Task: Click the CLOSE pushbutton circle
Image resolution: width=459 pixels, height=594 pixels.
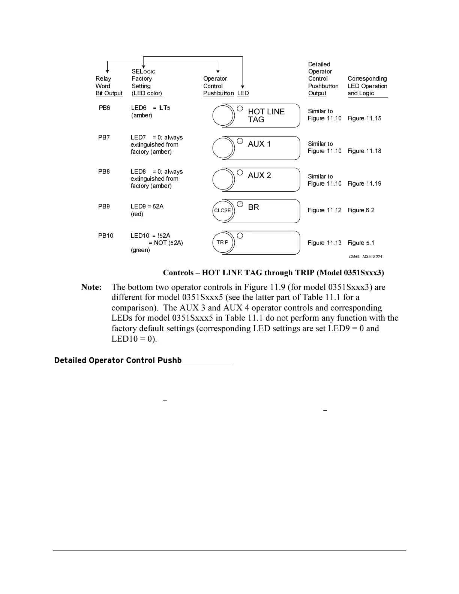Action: pos(223,211)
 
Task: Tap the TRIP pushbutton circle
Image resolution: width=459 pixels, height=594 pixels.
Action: pos(223,242)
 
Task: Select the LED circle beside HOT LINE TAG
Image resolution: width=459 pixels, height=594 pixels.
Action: pos(240,109)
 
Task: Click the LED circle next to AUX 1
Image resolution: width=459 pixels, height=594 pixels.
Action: pos(240,141)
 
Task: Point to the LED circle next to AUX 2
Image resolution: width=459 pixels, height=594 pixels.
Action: pos(240,172)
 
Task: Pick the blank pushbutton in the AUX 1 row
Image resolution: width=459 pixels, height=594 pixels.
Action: pos(223,147)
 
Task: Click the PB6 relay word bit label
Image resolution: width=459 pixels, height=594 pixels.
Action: pos(105,108)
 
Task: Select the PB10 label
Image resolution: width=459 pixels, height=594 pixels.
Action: pos(106,236)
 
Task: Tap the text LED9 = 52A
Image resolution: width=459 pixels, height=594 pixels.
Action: pos(147,207)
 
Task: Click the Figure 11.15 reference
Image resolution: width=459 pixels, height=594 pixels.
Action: pos(364,118)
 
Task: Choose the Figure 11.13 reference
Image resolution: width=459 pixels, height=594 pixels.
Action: pos(324,243)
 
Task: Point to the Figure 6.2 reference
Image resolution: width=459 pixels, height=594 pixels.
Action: pos(361,210)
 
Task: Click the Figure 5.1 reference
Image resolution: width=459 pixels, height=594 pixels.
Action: pos(361,243)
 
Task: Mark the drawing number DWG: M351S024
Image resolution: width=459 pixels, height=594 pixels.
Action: pos(365,257)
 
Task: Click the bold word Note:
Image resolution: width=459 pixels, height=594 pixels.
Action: pos(91,287)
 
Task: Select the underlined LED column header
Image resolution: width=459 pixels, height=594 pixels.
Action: pos(243,93)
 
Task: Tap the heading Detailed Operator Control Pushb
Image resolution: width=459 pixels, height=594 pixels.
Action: pos(118,360)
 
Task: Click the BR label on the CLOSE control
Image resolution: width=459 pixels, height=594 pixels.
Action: pos(253,207)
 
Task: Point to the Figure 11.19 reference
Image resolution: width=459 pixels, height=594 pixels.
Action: pos(364,184)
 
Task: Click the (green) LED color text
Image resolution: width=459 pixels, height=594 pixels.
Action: pos(140,250)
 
